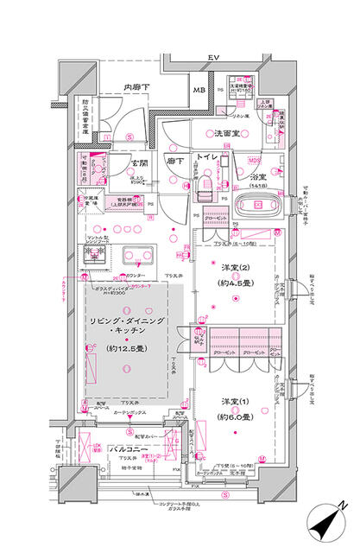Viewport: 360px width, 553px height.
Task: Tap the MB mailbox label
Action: tap(198, 90)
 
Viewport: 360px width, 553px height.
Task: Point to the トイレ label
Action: tap(206, 159)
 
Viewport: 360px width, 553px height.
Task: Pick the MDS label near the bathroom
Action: tap(255, 160)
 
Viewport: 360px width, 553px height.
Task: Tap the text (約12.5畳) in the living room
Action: tap(126, 348)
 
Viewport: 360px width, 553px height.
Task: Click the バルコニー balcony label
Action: tap(121, 449)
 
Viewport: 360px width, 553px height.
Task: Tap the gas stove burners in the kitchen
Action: tap(94, 255)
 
